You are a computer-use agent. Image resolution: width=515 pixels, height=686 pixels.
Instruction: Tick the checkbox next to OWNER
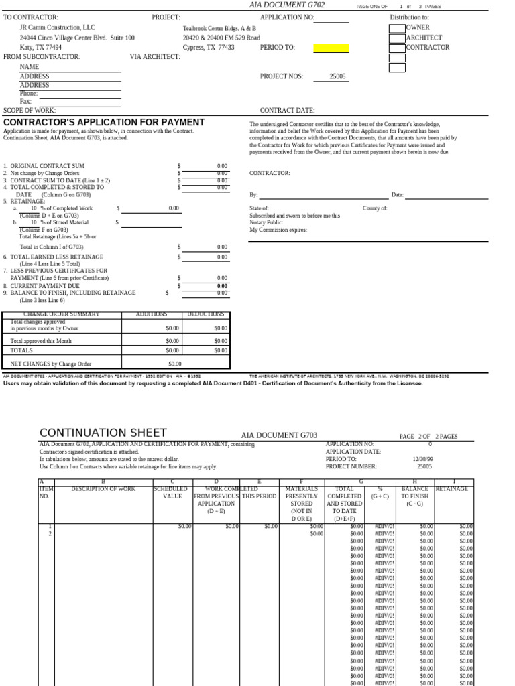click(x=397, y=28)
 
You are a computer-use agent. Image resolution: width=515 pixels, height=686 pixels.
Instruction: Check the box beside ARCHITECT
click(x=397, y=38)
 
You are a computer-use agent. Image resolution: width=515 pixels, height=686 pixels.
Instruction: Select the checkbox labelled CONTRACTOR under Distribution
click(x=397, y=48)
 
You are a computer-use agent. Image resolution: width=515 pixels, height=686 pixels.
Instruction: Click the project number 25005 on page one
click(x=337, y=76)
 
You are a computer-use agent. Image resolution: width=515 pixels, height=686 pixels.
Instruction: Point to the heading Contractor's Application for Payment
click(x=104, y=122)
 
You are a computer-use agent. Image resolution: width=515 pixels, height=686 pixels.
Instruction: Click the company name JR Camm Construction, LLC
click(x=58, y=28)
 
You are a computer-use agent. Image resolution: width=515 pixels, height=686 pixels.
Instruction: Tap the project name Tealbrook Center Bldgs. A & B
click(x=219, y=29)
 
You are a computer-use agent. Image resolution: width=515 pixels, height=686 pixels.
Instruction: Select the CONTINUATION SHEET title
click(x=103, y=433)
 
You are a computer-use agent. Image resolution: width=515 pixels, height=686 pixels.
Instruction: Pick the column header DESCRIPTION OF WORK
click(x=103, y=489)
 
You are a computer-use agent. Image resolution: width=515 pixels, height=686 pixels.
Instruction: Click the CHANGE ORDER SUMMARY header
click(x=62, y=314)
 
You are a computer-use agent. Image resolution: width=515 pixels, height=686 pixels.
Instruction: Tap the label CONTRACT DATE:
click(x=287, y=111)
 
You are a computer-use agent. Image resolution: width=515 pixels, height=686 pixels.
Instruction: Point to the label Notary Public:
click(x=266, y=223)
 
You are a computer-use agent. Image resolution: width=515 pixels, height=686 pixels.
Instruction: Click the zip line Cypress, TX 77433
click(x=209, y=48)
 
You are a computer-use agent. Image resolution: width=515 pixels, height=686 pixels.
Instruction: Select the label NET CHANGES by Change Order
click(x=51, y=364)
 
